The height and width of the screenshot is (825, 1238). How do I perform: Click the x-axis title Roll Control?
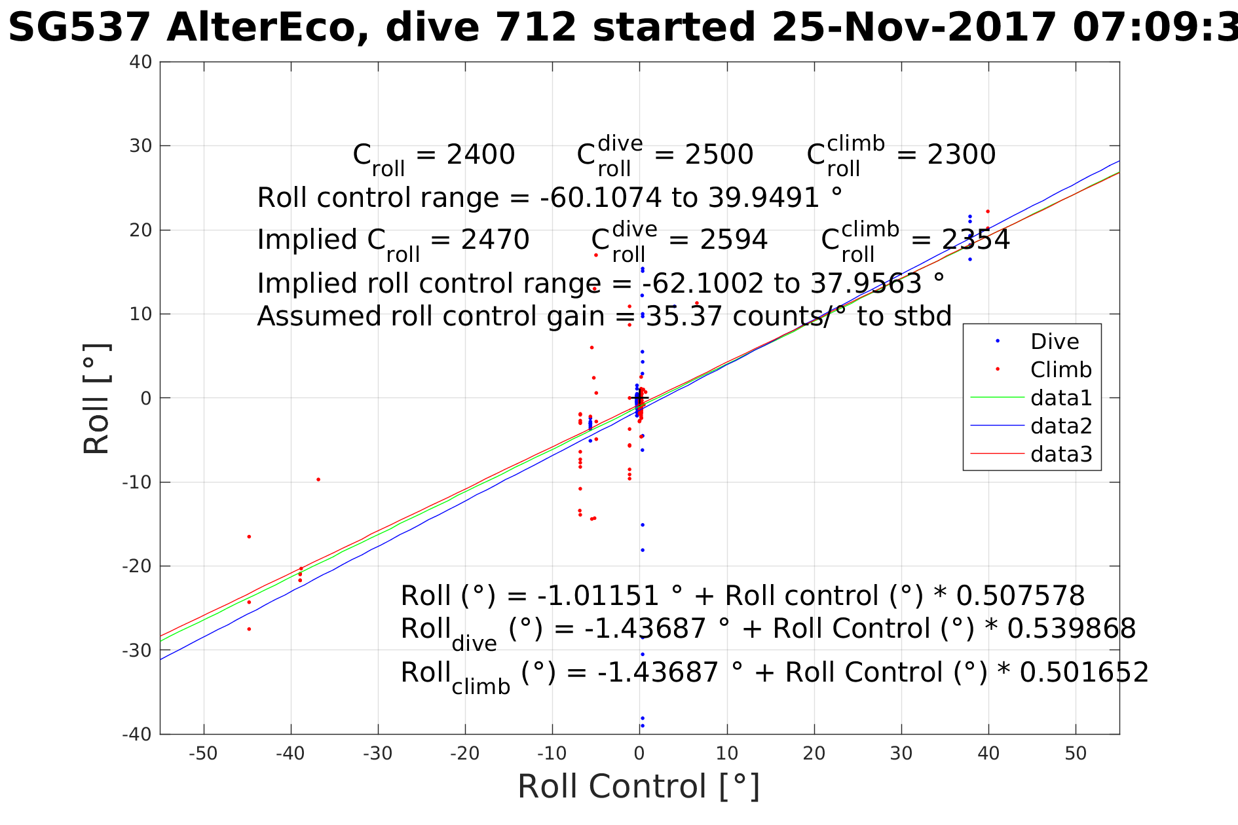click(638, 786)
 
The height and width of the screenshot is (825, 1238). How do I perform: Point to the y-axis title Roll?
click(96, 399)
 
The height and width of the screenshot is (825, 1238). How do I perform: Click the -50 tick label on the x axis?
click(203, 754)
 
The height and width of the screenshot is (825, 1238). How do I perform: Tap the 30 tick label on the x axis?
click(901, 754)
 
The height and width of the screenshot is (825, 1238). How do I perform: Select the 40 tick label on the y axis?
click(141, 62)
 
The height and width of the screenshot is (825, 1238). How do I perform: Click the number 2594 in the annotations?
click(734, 240)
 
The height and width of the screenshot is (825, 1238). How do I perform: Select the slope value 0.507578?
click(1020, 596)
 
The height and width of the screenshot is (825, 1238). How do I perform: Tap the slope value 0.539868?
click(1071, 629)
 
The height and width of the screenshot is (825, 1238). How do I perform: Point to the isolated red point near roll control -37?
click(318, 479)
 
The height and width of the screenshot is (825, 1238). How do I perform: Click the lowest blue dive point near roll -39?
click(643, 725)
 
